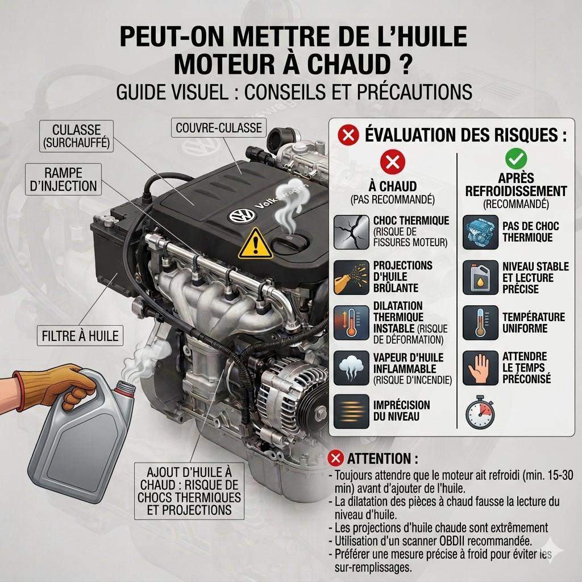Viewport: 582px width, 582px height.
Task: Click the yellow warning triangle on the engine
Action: [255, 244]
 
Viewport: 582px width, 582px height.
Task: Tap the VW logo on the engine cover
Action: [242, 215]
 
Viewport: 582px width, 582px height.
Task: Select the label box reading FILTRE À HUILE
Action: [80, 336]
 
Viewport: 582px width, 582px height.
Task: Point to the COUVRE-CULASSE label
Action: [219, 128]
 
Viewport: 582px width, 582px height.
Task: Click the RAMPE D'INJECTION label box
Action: [64, 179]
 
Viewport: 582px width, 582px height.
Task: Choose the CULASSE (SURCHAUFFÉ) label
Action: [77, 136]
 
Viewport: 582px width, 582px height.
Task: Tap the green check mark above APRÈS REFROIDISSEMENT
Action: [516, 159]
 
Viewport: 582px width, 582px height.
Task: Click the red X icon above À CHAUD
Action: [393, 162]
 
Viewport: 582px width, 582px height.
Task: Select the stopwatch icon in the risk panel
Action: [480, 412]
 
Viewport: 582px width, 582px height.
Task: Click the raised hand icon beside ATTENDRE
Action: [480, 368]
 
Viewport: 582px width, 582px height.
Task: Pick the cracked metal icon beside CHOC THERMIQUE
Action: [351, 232]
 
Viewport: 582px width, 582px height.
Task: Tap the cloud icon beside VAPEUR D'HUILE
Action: [351, 368]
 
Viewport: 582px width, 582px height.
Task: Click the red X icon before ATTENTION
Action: [335, 458]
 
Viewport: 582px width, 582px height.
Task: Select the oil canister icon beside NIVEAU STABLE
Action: [480, 277]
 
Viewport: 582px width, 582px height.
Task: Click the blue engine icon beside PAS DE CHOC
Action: [480, 232]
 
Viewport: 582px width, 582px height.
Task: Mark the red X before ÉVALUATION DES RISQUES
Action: [348, 135]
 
